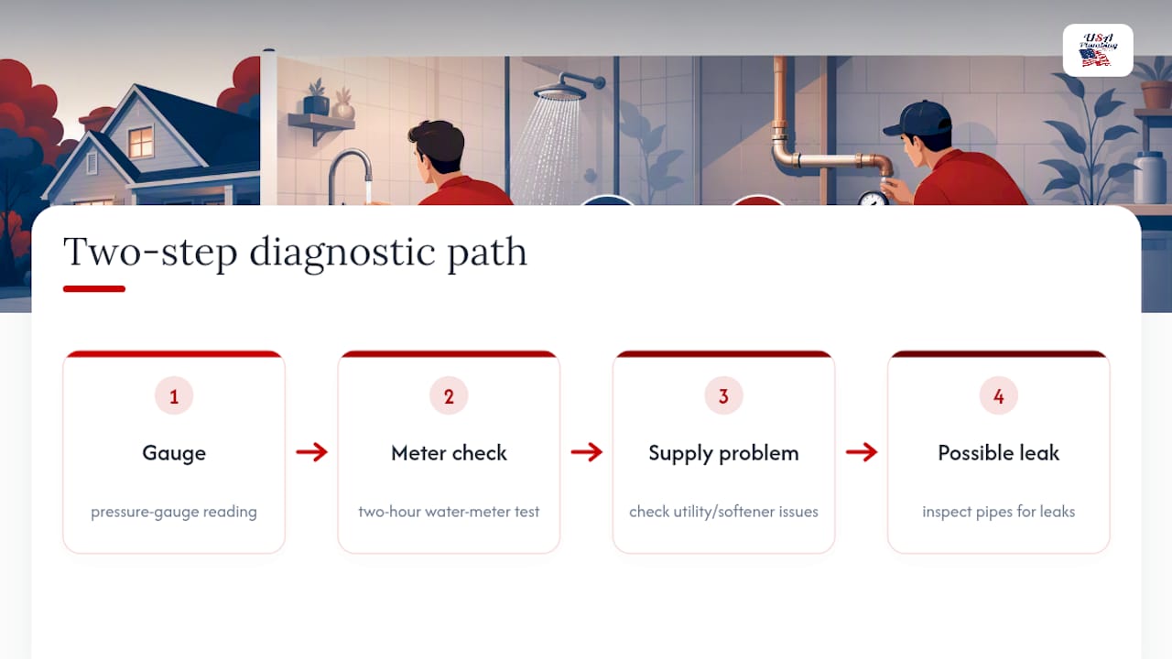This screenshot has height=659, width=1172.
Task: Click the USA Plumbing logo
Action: pos(1098,50)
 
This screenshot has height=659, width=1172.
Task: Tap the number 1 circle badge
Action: pos(174,396)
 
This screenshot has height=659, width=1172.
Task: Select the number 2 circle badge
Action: pos(449,396)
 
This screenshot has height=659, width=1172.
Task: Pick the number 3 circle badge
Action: pos(723,396)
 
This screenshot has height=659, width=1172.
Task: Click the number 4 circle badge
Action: pos(998,396)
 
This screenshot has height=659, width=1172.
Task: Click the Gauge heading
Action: pos(174,453)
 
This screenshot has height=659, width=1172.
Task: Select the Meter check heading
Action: pos(449,453)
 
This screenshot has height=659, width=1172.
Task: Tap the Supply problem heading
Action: pos(723,453)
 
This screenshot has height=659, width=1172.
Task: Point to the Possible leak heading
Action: pos(998,453)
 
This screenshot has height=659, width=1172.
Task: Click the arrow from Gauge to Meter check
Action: pos(312,452)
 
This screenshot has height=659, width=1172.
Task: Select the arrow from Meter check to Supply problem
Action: pos(587,452)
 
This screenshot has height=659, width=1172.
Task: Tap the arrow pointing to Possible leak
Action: pos(862,452)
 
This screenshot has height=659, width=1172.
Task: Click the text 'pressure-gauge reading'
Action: pos(174,512)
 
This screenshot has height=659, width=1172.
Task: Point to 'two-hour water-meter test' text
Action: pos(449,511)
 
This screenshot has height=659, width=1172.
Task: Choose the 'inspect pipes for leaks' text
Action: pos(998,512)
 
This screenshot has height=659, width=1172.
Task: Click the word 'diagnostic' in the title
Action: pos(342,253)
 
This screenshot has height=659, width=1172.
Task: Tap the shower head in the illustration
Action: pos(560,93)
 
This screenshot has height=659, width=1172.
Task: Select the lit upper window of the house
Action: pos(141,142)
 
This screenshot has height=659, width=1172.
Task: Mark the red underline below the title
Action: pos(94,288)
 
